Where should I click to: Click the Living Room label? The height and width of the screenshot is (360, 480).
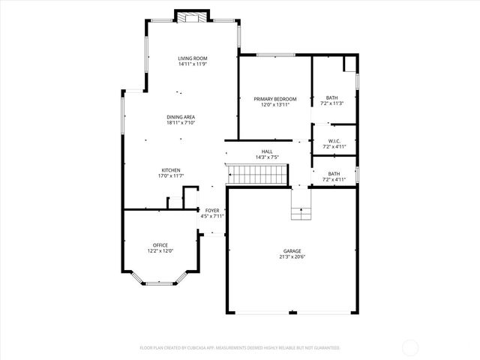pyautogui.click(x=193, y=58)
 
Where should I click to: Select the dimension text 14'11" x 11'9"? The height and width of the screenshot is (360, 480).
pyautogui.click(x=193, y=64)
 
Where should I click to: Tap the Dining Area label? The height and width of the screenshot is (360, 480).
pyautogui.click(x=181, y=117)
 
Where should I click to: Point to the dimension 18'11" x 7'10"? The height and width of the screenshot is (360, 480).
pyautogui.click(x=181, y=123)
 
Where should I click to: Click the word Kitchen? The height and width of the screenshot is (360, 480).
pyautogui.click(x=171, y=170)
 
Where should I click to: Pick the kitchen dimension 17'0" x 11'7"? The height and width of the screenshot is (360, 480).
pyautogui.click(x=171, y=176)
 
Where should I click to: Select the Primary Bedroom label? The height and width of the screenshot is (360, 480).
pyautogui.click(x=274, y=99)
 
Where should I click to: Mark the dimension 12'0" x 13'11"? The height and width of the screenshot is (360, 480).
pyautogui.click(x=274, y=105)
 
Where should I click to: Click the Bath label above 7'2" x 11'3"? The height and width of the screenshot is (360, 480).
pyautogui.click(x=331, y=97)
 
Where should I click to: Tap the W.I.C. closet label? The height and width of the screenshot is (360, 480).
pyautogui.click(x=334, y=141)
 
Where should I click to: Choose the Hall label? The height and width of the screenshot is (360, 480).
pyautogui.click(x=267, y=151)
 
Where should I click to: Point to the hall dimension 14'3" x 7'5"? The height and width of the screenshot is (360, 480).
pyautogui.click(x=267, y=157)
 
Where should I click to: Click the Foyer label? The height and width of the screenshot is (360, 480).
pyautogui.click(x=213, y=211)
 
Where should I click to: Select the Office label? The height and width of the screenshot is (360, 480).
pyautogui.click(x=160, y=245)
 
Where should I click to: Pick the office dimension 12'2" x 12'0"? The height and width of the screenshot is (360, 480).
pyautogui.click(x=160, y=251)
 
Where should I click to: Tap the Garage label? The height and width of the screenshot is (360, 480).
pyautogui.click(x=292, y=251)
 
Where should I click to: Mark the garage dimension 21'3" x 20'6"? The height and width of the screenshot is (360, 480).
pyautogui.click(x=292, y=257)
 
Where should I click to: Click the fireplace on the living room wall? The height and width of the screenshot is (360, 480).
pyautogui.click(x=193, y=16)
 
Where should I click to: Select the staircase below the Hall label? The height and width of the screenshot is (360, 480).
pyautogui.click(x=258, y=174)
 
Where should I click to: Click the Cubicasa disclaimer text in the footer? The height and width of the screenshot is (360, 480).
pyautogui.click(x=240, y=348)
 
